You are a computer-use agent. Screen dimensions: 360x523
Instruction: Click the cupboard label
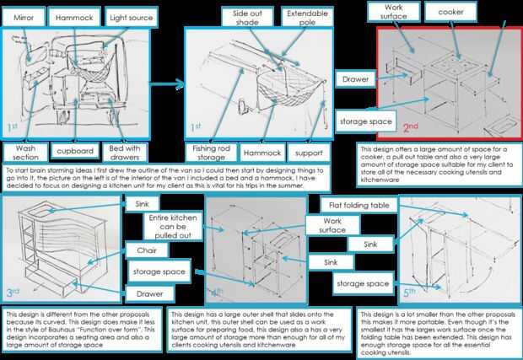pyautogui.click(x=74, y=153)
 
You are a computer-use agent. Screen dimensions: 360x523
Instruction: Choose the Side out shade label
pyautogui.click(x=249, y=19)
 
